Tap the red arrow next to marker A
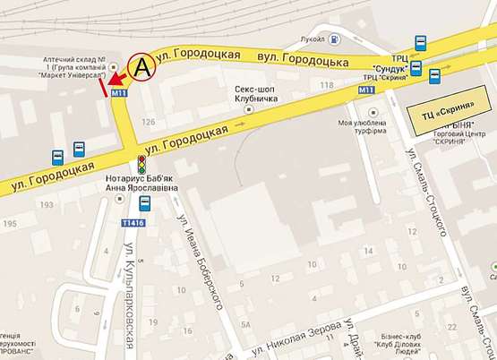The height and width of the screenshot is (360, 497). [116, 83]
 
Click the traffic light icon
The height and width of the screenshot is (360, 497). [141, 164]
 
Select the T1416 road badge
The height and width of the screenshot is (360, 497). [134, 221]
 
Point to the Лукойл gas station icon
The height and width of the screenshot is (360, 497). [332, 39]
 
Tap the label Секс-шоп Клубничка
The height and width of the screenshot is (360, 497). [254, 94]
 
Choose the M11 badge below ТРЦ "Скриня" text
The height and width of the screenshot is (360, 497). [365, 91]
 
